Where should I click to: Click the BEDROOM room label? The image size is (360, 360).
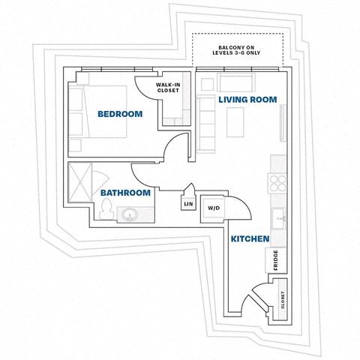tap(120, 114)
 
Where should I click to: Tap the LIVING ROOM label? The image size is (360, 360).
tap(247, 99)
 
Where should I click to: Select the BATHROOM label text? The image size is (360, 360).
tap(126, 193)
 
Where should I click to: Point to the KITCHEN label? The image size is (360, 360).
tap(250, 238)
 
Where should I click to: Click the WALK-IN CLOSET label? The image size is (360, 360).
tap(169, 89)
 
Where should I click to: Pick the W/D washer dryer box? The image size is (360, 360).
tap(213, 208)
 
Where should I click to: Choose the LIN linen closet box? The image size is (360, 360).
tap(187, 203)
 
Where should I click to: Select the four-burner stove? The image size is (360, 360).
tap(278, 184)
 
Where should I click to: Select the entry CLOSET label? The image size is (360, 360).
tap(283, 300)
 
